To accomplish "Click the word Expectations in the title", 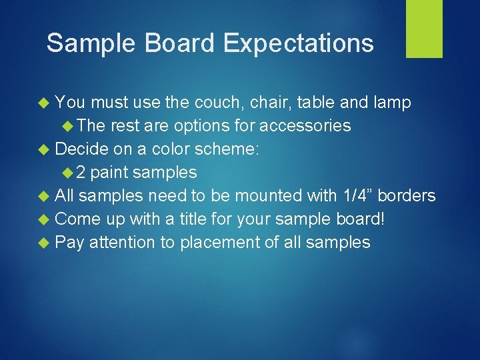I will click(298, 43).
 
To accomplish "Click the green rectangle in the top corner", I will click(424, 29).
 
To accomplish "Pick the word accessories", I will click(305, 126).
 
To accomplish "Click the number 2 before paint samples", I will click(80, 173).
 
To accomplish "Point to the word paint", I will click(109, 173).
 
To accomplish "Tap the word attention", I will click(121, 243).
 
